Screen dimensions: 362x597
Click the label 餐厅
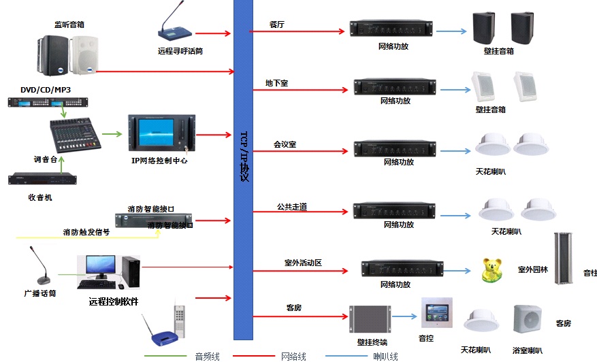pyautogui.click(x=276, y=24)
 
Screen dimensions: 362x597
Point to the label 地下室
pyautogui.click(x=277, y=83)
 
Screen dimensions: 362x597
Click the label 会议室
pyautogui.click(x=285, y=144)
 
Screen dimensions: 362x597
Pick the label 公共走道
pyautogui.click(x=291, y=206)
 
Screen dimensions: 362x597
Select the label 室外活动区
pyautogui.click(x=302, y=262)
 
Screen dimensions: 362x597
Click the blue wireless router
pyautogui.click(x=163, y=332)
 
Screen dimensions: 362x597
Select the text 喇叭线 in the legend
pyautogui.click(x=386, y=356)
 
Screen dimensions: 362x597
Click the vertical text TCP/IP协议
pyautogui.click(x=243, y=156)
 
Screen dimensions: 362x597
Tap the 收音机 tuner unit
pyautogui.click(x=44, y=180)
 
